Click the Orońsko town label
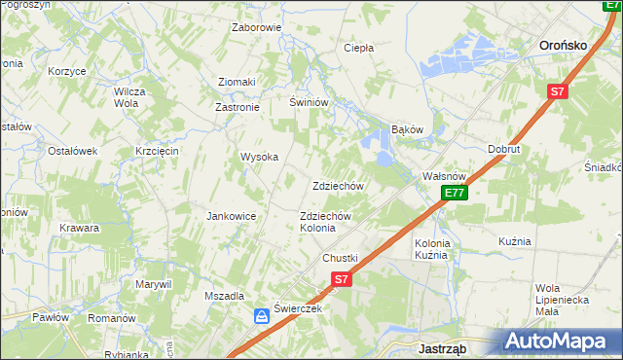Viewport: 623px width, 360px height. click(x=568, y=44)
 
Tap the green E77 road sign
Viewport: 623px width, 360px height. click(x=454, y=194)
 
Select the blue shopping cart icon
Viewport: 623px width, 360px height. click(x=262, y=316)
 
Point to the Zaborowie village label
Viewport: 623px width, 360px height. click(x=256, y=27)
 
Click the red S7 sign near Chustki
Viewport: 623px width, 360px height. click(x=340, y=279)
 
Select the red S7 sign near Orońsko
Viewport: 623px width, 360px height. click(x=556, y=92)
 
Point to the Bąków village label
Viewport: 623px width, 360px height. click(x=407, y=128)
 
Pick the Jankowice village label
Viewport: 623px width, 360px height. click(x=231, y=216)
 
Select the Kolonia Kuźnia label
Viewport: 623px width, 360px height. click(x=431, y=248)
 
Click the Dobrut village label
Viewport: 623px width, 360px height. click(x=504, y=150)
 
